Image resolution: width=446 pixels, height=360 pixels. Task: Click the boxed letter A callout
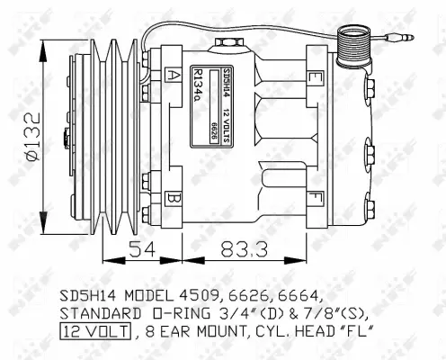click(x=173, y=74)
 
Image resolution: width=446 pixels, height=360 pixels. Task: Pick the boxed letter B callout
click(x=173, y=197)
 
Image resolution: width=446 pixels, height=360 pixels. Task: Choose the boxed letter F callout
click(x=314, y=195)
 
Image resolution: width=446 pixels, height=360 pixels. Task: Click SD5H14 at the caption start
click(x=85, y=294)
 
